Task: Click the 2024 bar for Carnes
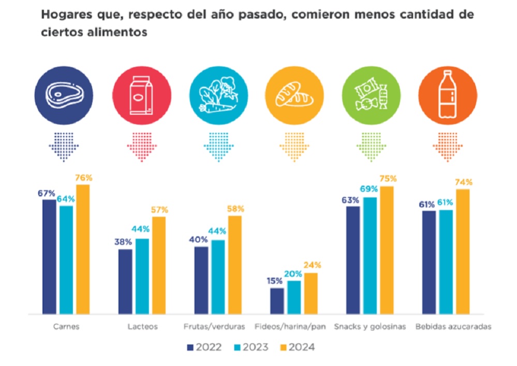coord(83,249)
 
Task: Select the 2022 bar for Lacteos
coord(125,282)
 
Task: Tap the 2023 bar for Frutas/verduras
coord(218,277)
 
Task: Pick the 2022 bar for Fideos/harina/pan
coord(277,301)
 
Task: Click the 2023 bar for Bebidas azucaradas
coord(446,262)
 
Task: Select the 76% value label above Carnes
coord(83,178)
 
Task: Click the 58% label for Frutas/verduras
coord(235,209)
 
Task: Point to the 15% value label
coord(275,281)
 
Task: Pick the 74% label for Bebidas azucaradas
coord(463,182)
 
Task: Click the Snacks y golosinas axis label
coord(370,327)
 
